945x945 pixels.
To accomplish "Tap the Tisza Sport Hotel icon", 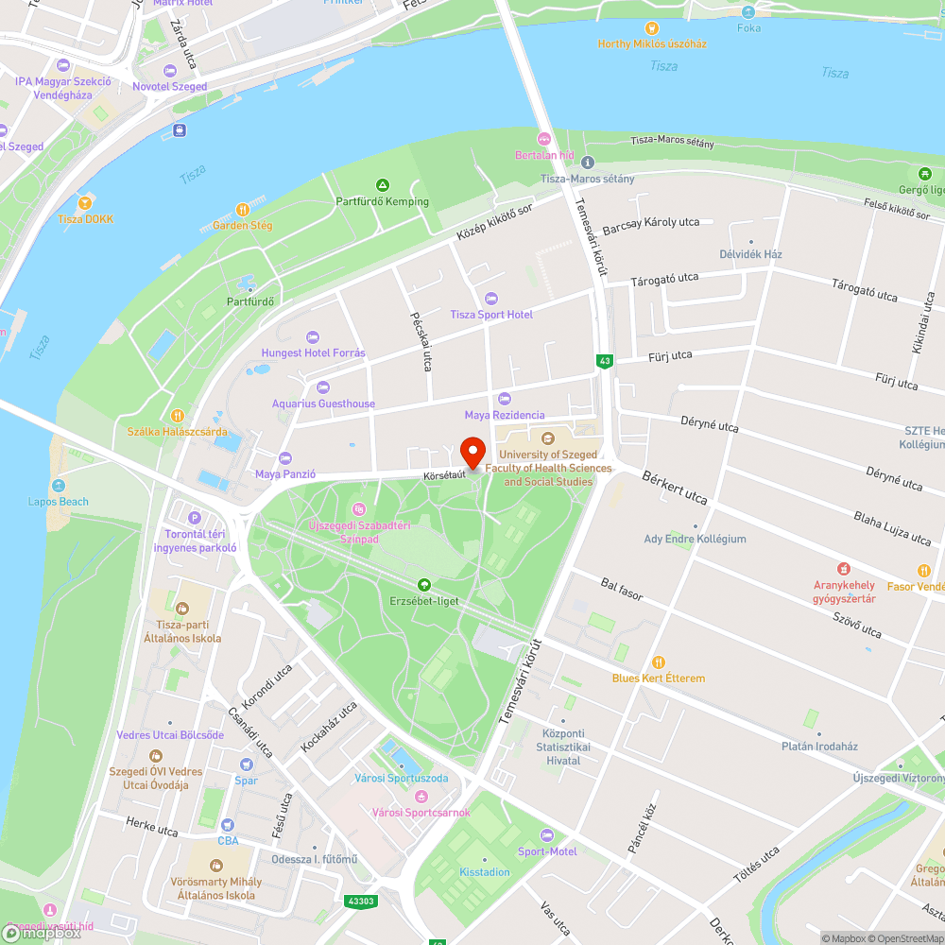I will click(490, 299).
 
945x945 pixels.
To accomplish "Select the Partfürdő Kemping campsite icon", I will click(382, 185).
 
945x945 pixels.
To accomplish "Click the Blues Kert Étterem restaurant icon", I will click(659, 662).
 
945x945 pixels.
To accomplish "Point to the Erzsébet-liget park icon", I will click(423, 585).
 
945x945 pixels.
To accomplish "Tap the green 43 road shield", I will click(604, 361).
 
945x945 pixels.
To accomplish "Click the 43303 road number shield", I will click(360, 901).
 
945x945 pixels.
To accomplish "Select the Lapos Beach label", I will click(59, 501).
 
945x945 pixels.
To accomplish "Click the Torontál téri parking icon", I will click(195, 517).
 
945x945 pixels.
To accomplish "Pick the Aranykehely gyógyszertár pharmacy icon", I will click(844, 569).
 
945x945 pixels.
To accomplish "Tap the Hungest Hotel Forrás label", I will click(313, 353).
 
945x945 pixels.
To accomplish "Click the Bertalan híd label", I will click(543, 155).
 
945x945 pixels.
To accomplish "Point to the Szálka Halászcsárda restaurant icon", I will click(177, 416).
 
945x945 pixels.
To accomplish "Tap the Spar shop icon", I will click(246, 765).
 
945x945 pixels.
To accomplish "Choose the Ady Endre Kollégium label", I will click(695, 539).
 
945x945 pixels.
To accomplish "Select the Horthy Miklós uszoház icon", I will click(651, 27).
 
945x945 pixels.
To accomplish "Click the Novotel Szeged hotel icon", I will click(169, 71).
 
